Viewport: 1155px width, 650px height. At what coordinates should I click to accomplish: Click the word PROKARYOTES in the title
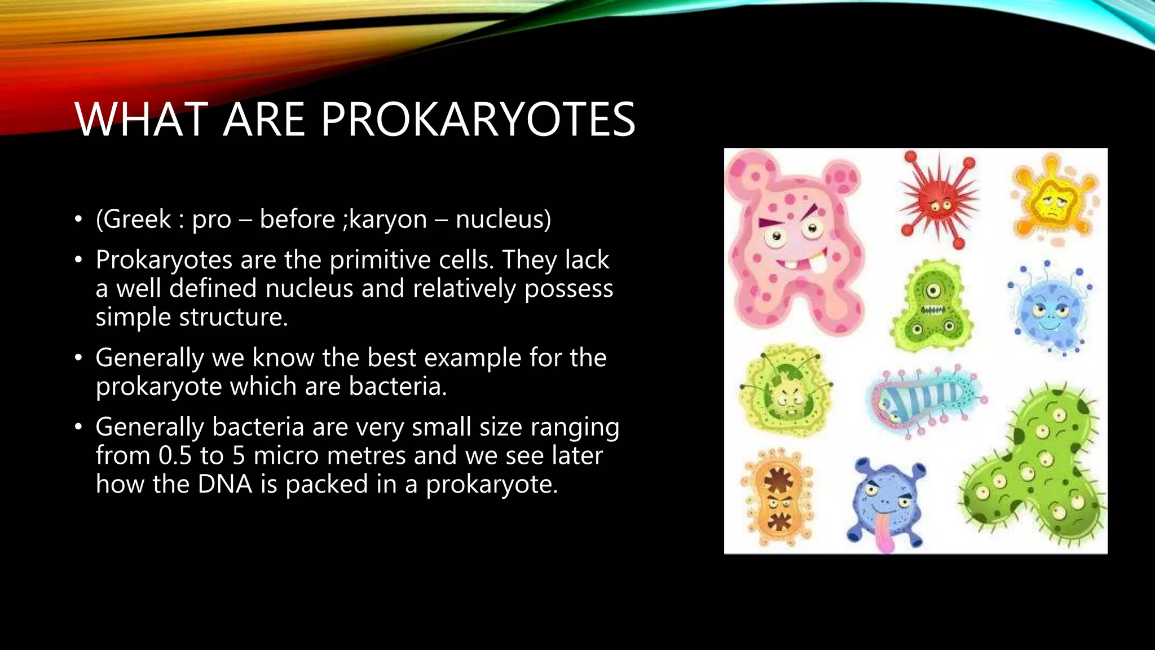pyautogui.click(x=478, y=120)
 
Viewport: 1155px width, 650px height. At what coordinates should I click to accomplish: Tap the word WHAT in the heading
pyautogui.click(x=142, y=120)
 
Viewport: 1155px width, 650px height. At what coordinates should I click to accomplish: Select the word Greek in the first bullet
pyautogui.click(x=137, y=219)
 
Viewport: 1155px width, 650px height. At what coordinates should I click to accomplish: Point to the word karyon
pyautogui.click(x=388, y=220)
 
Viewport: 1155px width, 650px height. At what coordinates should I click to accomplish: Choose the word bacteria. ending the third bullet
pyautogui.click(x=398, y=387)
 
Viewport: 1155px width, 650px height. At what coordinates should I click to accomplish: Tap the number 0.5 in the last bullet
pyautogui.click(x=175, y=456)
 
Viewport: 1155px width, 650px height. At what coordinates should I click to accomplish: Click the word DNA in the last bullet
pyautogui.click(x=224, y=485)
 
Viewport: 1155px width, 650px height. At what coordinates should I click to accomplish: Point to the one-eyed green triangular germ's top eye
pyautogui.click(x=933, y=291)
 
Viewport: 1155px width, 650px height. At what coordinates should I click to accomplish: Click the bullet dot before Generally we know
pyautogui.click(x=78, y=358)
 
